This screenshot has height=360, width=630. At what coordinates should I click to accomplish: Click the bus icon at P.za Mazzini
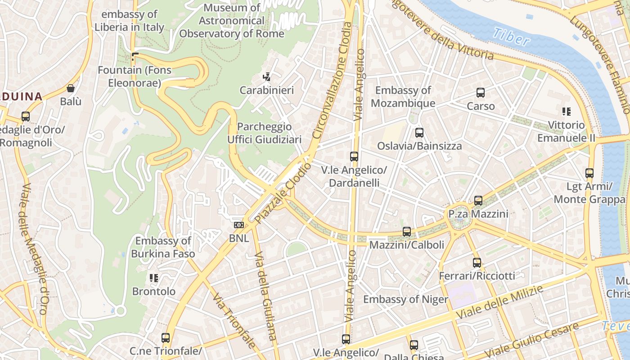pos(478,200)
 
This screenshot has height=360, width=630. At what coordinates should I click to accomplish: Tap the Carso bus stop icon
pos(481,93)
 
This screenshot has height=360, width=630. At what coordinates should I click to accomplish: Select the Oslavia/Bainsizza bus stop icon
pos(419,133)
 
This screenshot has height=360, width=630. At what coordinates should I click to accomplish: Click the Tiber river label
pos(511,37)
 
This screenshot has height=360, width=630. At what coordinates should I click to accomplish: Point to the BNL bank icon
pos(239,225)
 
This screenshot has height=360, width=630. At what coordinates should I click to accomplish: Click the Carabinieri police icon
pos(267,77)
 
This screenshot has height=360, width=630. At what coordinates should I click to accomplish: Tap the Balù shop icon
pos(71,88)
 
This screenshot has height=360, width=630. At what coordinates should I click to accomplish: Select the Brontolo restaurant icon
pos(154,278)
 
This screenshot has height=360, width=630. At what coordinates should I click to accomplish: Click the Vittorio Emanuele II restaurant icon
pos(566,112)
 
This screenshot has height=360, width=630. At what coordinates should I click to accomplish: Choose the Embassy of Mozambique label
pos(403,97)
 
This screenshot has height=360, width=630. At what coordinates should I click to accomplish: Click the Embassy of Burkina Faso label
pos(163,247)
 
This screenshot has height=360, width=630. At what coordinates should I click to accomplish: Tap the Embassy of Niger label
pos(405,299)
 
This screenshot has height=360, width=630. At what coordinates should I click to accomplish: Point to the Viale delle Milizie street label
pos(499,302)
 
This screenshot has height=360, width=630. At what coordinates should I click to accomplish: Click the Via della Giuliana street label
pos(266,301)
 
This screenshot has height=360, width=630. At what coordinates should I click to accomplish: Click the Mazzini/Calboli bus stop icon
pos(407,232)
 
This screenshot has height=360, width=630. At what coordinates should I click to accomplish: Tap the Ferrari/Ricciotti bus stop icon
pos(477,262)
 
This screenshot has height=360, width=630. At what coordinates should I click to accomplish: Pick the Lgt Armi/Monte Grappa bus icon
pos(589,173)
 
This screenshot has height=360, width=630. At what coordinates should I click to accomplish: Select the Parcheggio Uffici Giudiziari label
pos(264,133)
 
